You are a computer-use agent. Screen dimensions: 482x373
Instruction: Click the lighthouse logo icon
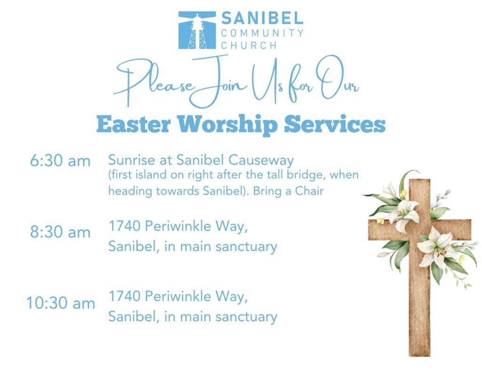pos(197,30)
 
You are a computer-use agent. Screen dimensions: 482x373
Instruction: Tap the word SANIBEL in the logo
pos(262,18)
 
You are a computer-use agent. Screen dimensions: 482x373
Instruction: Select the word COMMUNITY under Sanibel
pos(262,33)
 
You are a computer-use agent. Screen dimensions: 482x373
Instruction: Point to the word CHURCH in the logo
pos(249,45)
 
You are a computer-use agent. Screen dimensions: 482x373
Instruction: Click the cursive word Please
pos(154,82)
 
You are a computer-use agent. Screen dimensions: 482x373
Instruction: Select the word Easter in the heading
pos(133,124)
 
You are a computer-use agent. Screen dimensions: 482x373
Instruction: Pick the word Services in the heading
pos(335,124)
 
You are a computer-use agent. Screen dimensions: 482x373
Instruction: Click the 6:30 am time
pos(60,161)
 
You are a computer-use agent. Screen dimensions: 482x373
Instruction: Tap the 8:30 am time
pos(60,232)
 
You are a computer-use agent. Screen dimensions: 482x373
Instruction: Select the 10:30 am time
pos(61,303)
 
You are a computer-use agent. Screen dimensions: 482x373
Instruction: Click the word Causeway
pos(261,160)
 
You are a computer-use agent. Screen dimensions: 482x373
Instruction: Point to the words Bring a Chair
pos(289,191)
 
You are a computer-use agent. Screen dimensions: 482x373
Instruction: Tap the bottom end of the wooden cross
pos(419,356)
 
